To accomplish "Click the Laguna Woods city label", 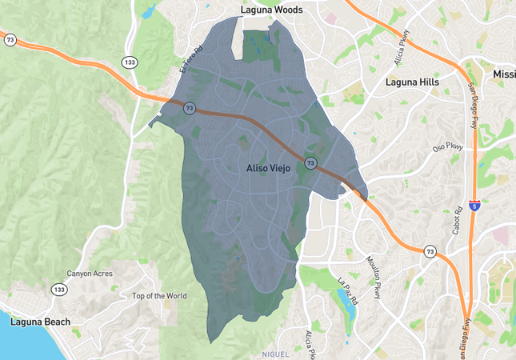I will (x=274, y=10).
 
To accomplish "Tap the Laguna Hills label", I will (x=412, y=82).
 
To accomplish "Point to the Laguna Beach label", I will (x=40, y=322).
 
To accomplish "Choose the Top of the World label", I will (x=159, y=296).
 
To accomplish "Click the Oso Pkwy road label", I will (x=448, y=148).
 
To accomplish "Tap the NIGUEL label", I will (x=277, y=354).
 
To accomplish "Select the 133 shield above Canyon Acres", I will (x=59, y=289).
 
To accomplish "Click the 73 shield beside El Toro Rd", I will (x=189, y=108).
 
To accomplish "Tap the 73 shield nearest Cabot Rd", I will (x=430, y=251).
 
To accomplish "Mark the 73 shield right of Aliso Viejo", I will (x=310, y=163).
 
